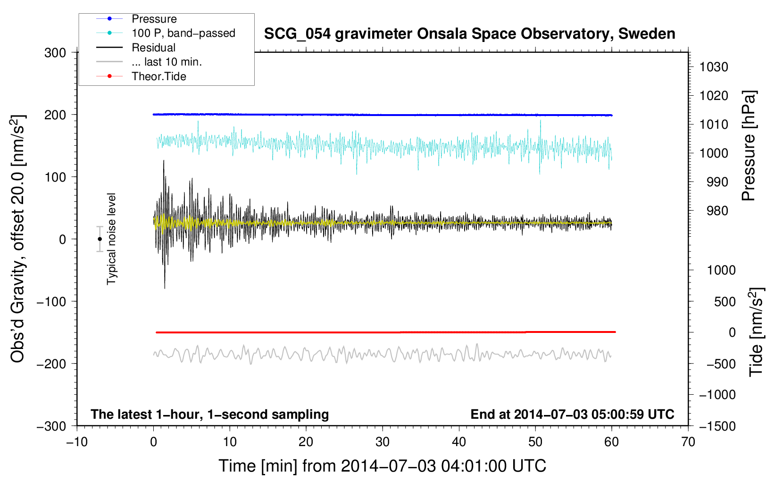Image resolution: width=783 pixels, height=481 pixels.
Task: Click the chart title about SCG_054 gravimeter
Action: pos(469,34)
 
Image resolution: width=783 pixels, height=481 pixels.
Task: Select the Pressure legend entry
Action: pos(154,19)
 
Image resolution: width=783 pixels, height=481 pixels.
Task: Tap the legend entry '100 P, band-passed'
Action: pos(183,33)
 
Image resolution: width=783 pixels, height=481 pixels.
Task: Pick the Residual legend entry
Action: pos(153,48)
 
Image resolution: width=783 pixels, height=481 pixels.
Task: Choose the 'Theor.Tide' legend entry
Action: pos(158,76)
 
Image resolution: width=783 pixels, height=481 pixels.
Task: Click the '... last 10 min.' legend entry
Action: pos(167,62)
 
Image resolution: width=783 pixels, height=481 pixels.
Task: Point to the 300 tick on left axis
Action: pos(55,53)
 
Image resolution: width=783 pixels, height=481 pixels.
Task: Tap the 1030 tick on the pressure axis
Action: pos(714,67)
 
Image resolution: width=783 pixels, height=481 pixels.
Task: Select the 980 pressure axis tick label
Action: pos(714,211)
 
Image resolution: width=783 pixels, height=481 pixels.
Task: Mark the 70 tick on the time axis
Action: pos(688,442)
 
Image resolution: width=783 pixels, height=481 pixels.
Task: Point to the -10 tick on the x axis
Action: pos(77,442)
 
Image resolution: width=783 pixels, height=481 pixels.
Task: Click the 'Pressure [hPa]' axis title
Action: pos(749,146)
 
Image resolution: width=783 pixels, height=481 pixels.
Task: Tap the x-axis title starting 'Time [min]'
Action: pos(382,466)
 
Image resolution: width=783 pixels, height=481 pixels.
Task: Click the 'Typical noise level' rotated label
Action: pos(111,239)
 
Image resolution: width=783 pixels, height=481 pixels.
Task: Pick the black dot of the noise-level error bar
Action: pos(100,239)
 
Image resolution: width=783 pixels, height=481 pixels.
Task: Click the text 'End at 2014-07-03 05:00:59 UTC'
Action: pos(572,414)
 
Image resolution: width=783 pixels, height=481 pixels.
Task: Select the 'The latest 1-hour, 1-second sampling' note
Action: pos(209,414)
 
